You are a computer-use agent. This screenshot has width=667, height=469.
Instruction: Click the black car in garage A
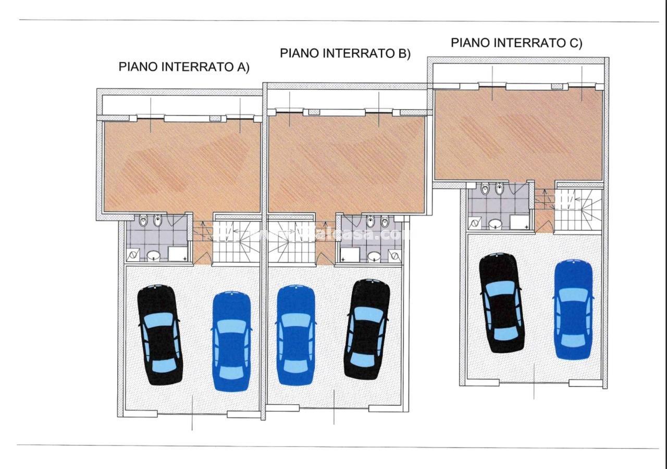click(x=159, y=335)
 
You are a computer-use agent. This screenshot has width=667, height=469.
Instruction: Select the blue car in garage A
click(x=232, y=341)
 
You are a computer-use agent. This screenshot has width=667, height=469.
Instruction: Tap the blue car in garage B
click(x=295, y=334)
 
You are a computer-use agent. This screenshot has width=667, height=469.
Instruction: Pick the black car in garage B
click(x=367, y=329)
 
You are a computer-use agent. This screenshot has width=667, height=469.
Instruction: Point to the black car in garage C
click(x=501, y=303)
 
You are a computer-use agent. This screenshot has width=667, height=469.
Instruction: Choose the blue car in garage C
click(x=573, y=309)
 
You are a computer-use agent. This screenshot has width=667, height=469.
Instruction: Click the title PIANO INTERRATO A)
click(x=184, y=67)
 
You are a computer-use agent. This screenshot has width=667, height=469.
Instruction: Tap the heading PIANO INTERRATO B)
click(x=345, y=54)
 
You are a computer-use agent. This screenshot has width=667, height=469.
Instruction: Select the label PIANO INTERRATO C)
click(x=516, y=43)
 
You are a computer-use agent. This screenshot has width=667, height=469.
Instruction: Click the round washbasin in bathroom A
click(x=153, y=255)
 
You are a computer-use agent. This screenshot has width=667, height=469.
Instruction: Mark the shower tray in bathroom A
click(x=178, y=254)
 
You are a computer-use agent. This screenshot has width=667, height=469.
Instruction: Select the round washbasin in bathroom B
click(x=373, y=256)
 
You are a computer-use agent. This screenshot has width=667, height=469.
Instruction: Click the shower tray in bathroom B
click(x=350, y=254)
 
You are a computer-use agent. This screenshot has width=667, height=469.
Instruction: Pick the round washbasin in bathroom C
click(x=495, y=224)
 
